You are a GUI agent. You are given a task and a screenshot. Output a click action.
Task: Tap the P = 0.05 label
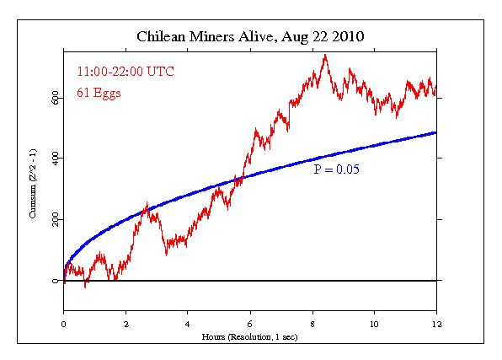[x=336, y=169]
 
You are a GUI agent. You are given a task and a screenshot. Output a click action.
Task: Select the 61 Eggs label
[x=98, y=93]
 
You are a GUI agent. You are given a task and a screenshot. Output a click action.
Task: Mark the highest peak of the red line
[x=325, y=55]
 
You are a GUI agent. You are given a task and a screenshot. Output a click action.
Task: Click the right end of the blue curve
[x=435, y=132]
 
